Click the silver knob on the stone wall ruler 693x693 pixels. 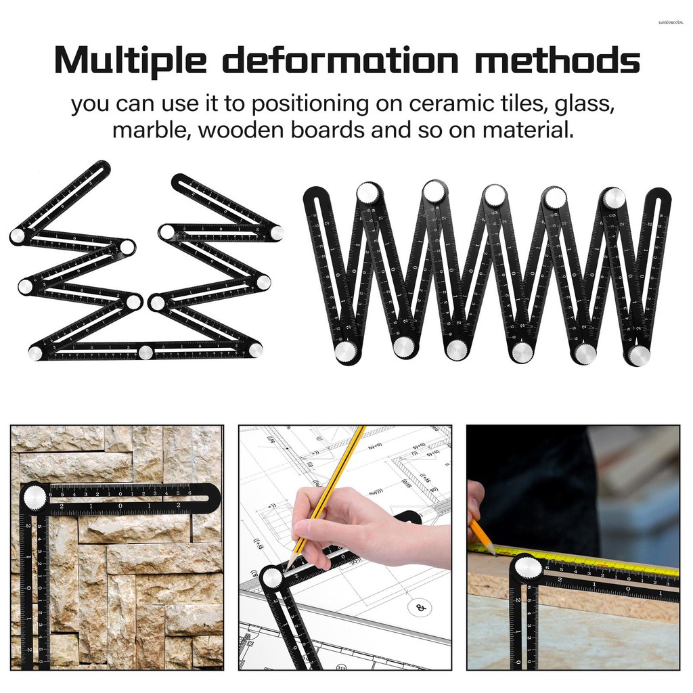[34, 497]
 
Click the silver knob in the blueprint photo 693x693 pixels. [272, 577]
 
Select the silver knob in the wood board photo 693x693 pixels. [527, 567]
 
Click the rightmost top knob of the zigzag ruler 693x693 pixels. [614, 197]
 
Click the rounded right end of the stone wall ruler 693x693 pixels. [212, 497]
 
